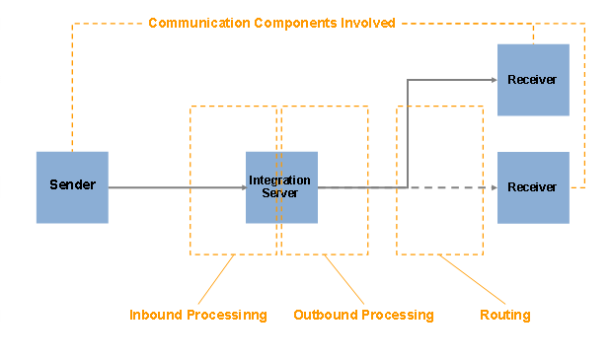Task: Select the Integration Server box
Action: pos(281,187)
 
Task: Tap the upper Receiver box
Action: pos(533,79)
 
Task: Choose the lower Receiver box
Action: pos(533,187)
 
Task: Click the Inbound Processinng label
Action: pos(198,316)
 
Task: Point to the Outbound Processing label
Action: pos(363,316)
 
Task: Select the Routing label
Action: pos(505,316)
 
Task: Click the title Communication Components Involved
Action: pos(271,23)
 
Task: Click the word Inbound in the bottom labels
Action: pos(153,316)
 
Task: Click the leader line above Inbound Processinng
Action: pos(215,280)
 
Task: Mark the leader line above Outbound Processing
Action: pos(345,280)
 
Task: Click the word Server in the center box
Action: pos(280,193)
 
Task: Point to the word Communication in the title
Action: pos(193,23)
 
